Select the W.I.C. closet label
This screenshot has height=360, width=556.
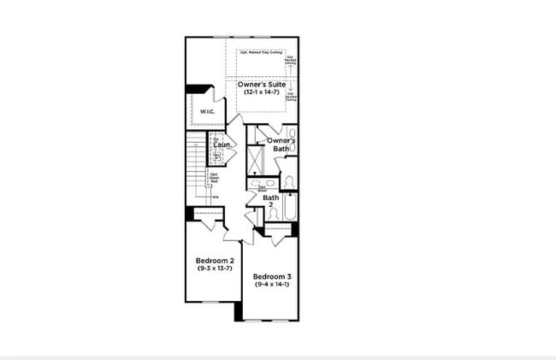coord(206,112)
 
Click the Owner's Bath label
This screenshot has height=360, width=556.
coord(281,145)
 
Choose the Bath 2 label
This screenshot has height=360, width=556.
coord(270,201)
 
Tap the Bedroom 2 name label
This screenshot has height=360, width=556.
coord(210,260)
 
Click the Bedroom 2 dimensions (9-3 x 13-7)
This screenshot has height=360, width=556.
coord(210,268)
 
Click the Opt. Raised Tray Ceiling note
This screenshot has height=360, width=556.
coord(261,52)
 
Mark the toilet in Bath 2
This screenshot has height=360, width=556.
coord(289,182)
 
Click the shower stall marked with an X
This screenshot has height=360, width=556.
coord(255,160)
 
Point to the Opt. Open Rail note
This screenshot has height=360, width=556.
coord(215,179)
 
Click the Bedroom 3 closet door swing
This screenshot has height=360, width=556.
coord(278,239)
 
